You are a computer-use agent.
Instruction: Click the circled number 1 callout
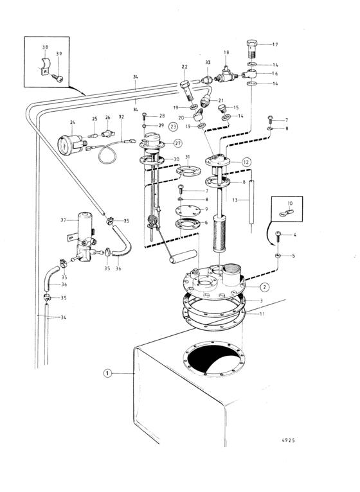coord(108,373)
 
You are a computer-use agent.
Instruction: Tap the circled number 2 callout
coord(264,287)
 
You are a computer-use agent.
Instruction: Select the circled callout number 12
coord(246,163)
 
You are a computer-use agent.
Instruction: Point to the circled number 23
coord(173,127)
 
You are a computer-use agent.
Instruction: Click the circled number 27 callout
coord(178,143)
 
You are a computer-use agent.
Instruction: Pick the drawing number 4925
coord(288,440)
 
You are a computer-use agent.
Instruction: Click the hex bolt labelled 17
coord(252,48)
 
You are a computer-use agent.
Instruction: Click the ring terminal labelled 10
coord(286,213)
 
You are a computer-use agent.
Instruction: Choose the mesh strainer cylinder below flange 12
coord(222,233)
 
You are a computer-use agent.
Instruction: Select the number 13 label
coord(235,200)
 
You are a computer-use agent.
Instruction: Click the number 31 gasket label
coord(188,157)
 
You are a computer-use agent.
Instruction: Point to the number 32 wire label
coord(122,117)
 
